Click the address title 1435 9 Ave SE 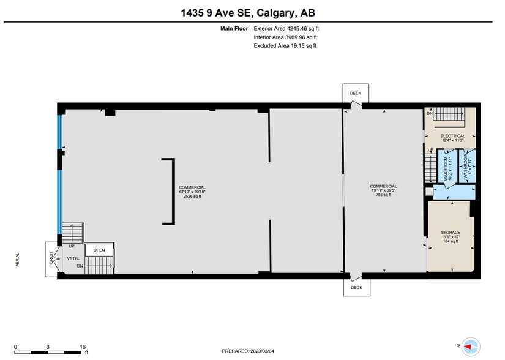point(249,12)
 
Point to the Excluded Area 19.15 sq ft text point(285,45)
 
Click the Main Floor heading point(234,28)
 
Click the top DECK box point(356,93)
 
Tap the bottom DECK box point(356,287)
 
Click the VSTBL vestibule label point(73,259)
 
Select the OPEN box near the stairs point(99,250)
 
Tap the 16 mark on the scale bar point(83,347)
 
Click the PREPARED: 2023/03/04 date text point(248,351)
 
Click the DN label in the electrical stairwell point(430,114)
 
